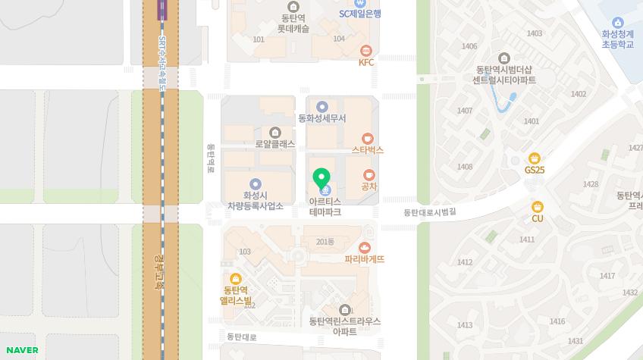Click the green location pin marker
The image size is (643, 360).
click(321, 179)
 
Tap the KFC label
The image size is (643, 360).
click(366, 62)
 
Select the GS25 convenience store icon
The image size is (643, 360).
click(535, 158)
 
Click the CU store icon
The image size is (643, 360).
click(538, 206)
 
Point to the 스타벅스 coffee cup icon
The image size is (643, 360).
click(368, 138)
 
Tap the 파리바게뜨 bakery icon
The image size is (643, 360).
click(365, 247)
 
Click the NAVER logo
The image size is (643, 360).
click(22, 349)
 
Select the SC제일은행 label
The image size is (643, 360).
click(359, 14)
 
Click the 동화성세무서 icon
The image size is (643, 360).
click(322, 107)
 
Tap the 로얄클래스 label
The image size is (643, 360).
click(275, 144)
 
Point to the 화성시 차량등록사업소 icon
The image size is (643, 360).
click(256, 183)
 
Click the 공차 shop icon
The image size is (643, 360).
click(369, 175)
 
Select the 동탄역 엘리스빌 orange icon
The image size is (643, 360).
click(236, 278)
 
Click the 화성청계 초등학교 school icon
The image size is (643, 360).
click(617, 22)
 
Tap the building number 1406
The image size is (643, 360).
click(469, 47)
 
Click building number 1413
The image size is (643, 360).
click(464, 325)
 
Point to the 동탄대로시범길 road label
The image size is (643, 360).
click(430, 212)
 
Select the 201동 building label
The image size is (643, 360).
click(325, 241)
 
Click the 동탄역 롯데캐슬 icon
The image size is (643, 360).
click(293, 7)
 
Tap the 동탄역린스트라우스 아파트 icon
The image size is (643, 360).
click(345, 309)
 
